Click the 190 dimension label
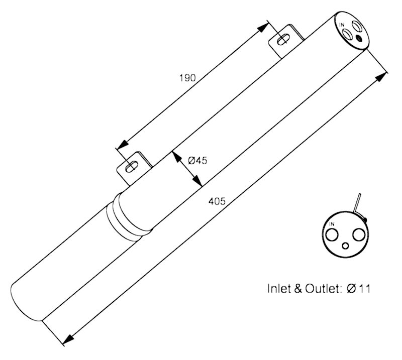click(187, 78)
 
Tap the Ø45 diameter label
click(197, 161)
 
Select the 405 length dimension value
click(217, 201)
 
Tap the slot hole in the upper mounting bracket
click(283, 40)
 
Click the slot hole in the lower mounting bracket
click(132, 166)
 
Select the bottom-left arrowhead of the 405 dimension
click(68, 339)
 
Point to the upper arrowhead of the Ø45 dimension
click(176, 157)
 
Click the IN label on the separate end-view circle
click(332, 224)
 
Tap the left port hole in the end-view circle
click(333, 235)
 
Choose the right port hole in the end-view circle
click(358, 235)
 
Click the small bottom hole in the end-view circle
click(346, 246)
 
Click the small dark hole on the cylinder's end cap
click(359, 39)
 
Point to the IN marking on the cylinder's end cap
click(342, 25)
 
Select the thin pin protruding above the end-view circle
click(357, 203)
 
